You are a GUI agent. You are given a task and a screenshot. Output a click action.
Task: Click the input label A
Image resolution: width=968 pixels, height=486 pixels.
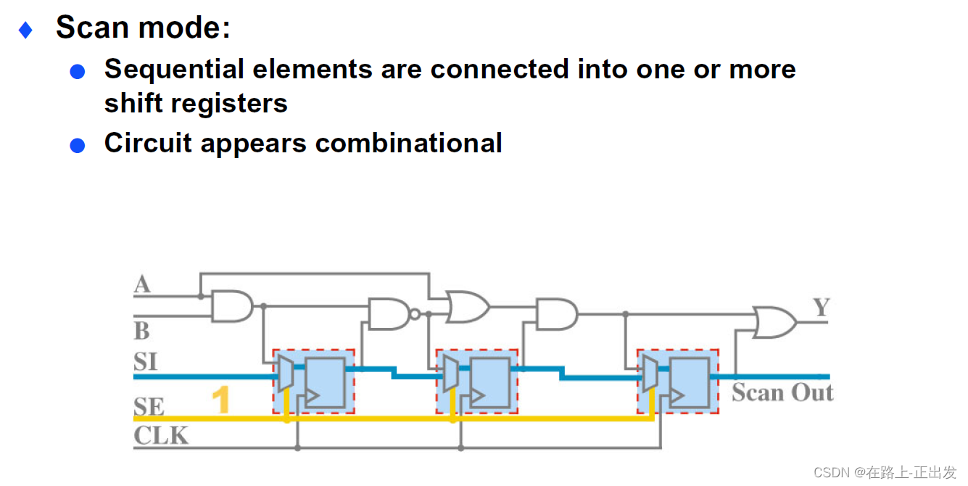click(142, 284)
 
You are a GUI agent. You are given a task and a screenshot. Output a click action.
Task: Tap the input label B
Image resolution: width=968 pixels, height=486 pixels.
click(142, 331)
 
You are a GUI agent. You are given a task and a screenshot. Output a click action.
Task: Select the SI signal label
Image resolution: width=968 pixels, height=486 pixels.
click(145, 361)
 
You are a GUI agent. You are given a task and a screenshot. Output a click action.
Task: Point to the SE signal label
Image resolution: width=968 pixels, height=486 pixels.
click(149, 406)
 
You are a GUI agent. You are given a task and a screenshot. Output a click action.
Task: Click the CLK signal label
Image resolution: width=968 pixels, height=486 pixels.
click(161, 435)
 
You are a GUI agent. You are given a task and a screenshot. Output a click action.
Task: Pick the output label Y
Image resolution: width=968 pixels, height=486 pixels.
click(821, 308)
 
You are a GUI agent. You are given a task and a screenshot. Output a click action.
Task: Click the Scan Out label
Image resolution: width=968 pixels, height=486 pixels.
click(782, 392)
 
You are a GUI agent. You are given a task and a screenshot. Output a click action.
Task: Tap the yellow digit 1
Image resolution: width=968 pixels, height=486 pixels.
click(220, 400)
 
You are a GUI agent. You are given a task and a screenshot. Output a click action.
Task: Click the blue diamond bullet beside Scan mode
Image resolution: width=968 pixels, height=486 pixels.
click(25, 30)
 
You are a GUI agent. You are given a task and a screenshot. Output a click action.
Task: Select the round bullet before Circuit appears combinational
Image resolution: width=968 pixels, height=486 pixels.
click(78, 145)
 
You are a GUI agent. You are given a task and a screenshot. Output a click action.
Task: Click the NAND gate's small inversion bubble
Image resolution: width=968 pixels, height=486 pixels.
click(415, 315)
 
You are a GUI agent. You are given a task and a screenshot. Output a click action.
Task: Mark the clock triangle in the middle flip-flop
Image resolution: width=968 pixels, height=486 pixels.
click(478, 396)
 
